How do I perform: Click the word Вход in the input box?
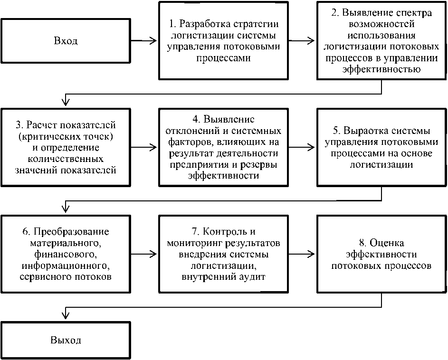tap(66, 41)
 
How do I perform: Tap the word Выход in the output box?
tap(66, 340)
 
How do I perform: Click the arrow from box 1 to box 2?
tap(303, 41)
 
